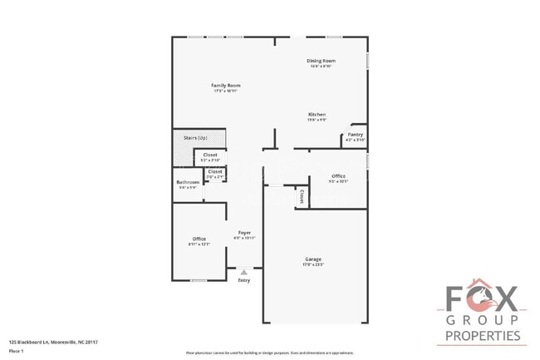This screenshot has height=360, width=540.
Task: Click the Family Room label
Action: [219, 86]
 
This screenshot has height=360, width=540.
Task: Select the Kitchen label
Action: [317, 114]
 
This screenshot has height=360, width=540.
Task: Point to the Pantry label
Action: [355, 135]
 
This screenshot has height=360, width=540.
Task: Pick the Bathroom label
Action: [188, 182]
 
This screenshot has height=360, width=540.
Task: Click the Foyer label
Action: [245, 232]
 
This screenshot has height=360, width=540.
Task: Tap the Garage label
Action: [312, 259]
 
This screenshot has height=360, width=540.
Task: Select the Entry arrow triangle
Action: [243, 271]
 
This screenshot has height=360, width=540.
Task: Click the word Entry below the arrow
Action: [243, 280]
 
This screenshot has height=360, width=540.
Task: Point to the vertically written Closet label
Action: [302, 196]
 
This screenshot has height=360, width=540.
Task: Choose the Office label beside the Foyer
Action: [199, 239]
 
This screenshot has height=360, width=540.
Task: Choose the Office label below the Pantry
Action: [338, 175]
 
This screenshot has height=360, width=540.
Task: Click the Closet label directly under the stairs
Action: [210, 155]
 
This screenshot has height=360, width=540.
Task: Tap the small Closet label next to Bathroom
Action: [214, 172]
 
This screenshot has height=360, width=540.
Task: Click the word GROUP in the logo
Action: [483, 319]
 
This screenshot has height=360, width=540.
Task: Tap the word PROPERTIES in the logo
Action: [483, 337]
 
